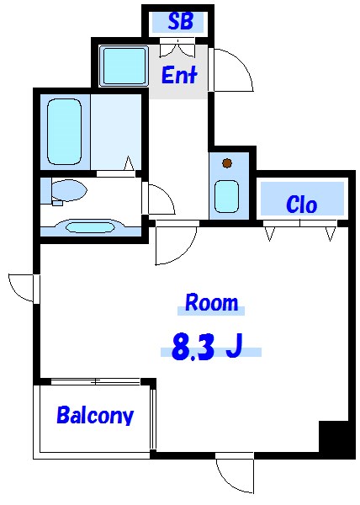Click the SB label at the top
(180, 22)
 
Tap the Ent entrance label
(178, 76)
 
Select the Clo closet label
(301, 205)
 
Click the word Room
(211, 302)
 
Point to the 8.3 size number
(193, 346)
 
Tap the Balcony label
(94, 415)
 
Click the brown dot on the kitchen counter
(226, 163)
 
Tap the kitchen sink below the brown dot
(226, 196)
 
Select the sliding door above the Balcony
(94, 383)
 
